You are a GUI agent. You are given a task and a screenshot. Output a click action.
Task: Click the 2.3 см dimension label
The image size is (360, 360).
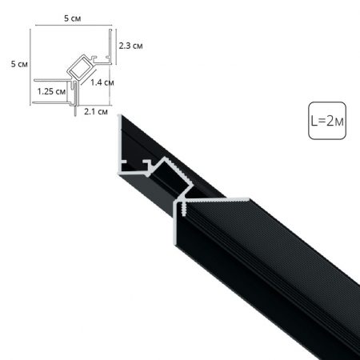point(130,46)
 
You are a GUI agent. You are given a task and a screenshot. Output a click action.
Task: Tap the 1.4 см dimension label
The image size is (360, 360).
point(102,82)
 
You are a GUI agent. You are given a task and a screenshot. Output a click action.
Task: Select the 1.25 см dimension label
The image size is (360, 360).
point(50,92)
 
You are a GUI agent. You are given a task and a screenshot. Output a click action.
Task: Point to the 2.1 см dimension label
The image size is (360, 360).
point(94,113)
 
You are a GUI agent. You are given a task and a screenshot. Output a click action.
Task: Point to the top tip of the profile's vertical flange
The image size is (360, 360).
point(122,118)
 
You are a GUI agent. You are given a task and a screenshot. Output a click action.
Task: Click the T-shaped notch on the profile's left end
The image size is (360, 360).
point(132,166)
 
